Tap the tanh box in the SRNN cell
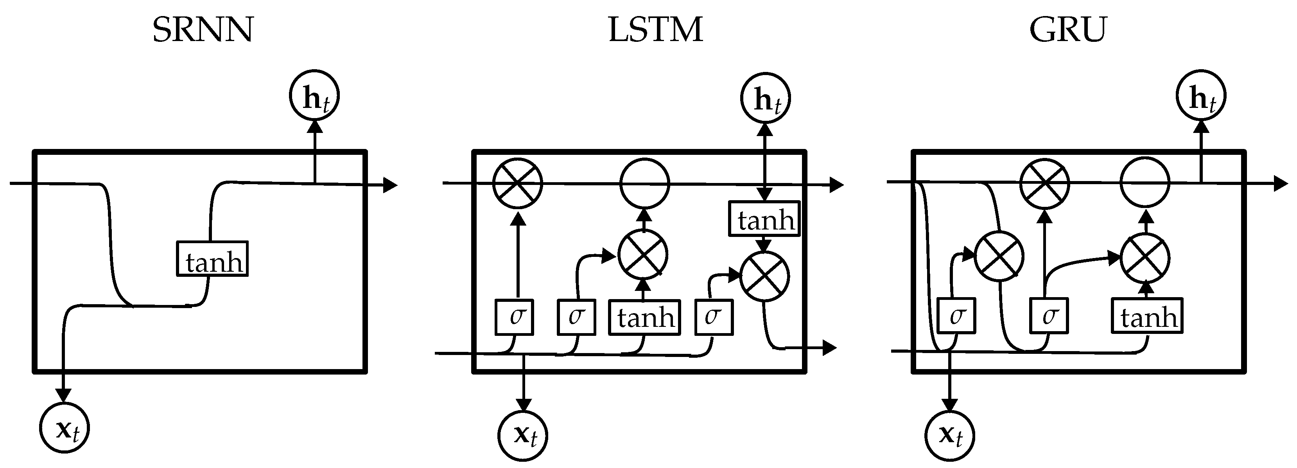[x=212, y=259]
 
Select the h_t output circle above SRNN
[x=314, y=96]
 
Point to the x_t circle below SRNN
[x=65, y=428]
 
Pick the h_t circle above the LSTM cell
[x=765, y=99]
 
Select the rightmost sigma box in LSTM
[x=714, y=317]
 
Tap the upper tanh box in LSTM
[x=764, y=219]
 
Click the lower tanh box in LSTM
[x=644, y=317]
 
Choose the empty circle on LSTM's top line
[x=644, y=183]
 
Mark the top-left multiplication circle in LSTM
[x=517, y=183]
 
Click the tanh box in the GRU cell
[x=1147, y=316]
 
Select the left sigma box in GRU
[x=956, y=316]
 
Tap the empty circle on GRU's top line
[x=1145, y=182]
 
